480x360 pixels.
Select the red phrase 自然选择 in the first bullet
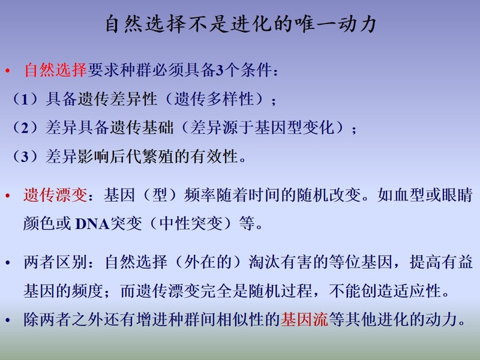(55, 70)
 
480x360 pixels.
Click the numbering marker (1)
(26, 99)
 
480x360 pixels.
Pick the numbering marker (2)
(26, 127)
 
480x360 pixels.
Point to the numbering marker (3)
(26, 156)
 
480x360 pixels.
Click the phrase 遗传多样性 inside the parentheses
(214, 99)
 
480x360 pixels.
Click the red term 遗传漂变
(55, 194)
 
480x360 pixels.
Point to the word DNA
(92, 224)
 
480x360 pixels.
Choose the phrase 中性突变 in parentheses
(191, 223)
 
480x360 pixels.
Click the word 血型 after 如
(409, 194)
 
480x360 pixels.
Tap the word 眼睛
(457, 194)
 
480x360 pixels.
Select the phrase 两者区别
(55, 262)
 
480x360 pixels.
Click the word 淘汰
(265, 262)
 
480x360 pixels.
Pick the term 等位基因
(361, 262)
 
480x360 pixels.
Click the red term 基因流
(305, 320)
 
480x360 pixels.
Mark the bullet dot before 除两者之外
(8, 320)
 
